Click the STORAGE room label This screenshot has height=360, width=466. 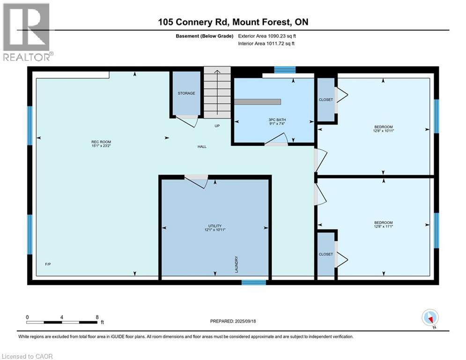pyautogui.click(x=186, y=93)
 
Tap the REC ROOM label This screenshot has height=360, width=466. pyautogui.click(x=101, y=142)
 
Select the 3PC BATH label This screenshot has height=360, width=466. pyautogui.click(x=277, y=120)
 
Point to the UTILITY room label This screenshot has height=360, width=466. pyautogui.click(x=215, y=226)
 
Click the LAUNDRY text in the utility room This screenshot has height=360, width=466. pyautogui.click(x=237, y=264)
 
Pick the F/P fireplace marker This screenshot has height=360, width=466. pyautogui.click(x=48, y=264)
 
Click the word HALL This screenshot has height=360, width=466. pyautogui.click(x=202, y=146)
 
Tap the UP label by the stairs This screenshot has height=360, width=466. pyautogui.click(x=217, y=126)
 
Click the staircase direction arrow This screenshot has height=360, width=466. pyautogui.click(x=217, y=92)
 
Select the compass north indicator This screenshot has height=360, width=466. pyautogui.click(x=430, y=318)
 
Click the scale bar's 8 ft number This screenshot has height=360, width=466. pyautogui.click(x=97, y=317)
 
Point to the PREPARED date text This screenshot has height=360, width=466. pyautogui.click(x=233, y=321)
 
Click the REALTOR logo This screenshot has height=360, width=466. pyautogui.click(x=28, y=32)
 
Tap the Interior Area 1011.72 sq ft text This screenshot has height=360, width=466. pyautogui.click(x=266, y=44)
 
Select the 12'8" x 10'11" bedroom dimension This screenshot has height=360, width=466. pyautogui.click(x=384, y=131)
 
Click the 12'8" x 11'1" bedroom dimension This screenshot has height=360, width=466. pyautogui.click(x=384, y=226)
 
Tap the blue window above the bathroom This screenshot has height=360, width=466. pyautogui.click(x=285, y=70)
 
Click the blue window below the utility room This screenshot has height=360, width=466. pyautogui.click(x=253, y=282)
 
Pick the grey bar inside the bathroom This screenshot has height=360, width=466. pyautogui.click(x=258, y=102)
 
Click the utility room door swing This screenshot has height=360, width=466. pyautogui.click(x=196, y=181)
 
